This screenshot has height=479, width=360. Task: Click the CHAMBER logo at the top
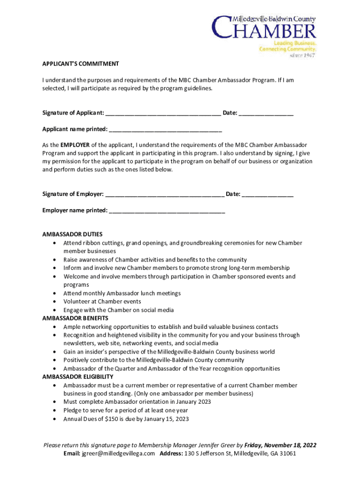[264, 29]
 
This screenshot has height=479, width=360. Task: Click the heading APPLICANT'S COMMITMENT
[80, 64]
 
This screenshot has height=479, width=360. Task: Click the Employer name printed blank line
[167, 210]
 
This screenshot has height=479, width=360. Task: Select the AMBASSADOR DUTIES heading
[72, 234]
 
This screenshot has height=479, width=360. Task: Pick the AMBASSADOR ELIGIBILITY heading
[78, 377]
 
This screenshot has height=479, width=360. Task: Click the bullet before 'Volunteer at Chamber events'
[56, 302]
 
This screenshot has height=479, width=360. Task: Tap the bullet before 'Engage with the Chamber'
[56, 310]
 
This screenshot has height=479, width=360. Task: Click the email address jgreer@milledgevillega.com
[118, 454]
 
